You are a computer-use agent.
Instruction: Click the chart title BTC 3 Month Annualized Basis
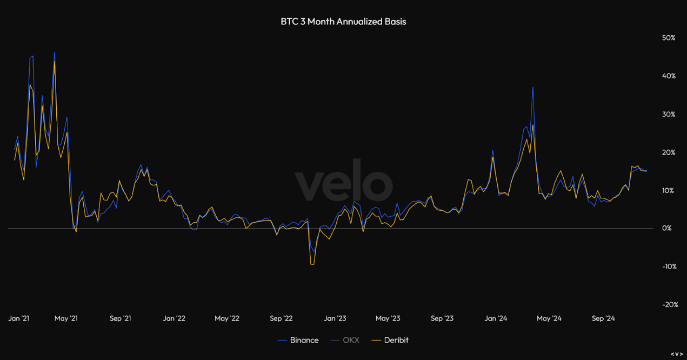click(343, 22)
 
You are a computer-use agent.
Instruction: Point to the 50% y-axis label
click(669, 38)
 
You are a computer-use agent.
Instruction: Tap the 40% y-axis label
click(669, 76)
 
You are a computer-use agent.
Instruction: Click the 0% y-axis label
click(666, 228)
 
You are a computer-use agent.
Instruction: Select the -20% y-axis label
click(670, 305)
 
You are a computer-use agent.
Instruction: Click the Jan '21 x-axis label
click(19, 318)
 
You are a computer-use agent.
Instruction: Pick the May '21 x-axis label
click(66, 318)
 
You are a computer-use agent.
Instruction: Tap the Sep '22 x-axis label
click(281, 318)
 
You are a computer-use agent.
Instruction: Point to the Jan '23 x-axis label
click(335, 318)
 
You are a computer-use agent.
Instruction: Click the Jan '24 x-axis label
click(496, 318)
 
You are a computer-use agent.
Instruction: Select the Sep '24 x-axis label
click(603, 318)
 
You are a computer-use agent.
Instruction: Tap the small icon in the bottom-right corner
click(676, 354)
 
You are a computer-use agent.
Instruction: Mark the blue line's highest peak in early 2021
click(54, 52)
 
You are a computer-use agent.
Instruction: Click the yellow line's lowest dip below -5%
click(312, 264)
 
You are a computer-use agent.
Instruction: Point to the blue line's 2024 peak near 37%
click(533, 87)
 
